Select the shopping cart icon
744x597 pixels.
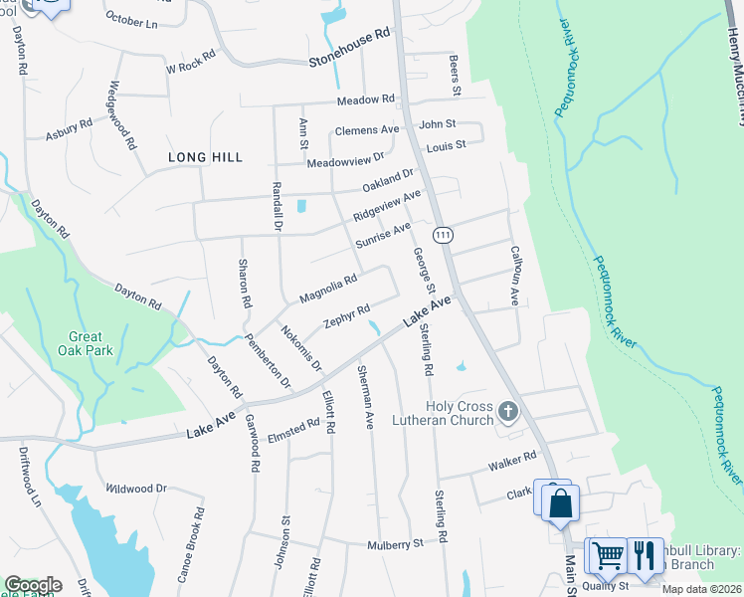(607, 554)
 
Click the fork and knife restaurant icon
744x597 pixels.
(645, 554)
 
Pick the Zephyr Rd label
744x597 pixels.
(347, 316)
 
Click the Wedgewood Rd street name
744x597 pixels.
(122, 114)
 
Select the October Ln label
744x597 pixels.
(131, 20)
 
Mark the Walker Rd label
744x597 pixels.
(512, 459)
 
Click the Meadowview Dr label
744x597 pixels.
(345, 160)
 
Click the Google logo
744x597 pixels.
(33, 585)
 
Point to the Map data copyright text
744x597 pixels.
(701, 589)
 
